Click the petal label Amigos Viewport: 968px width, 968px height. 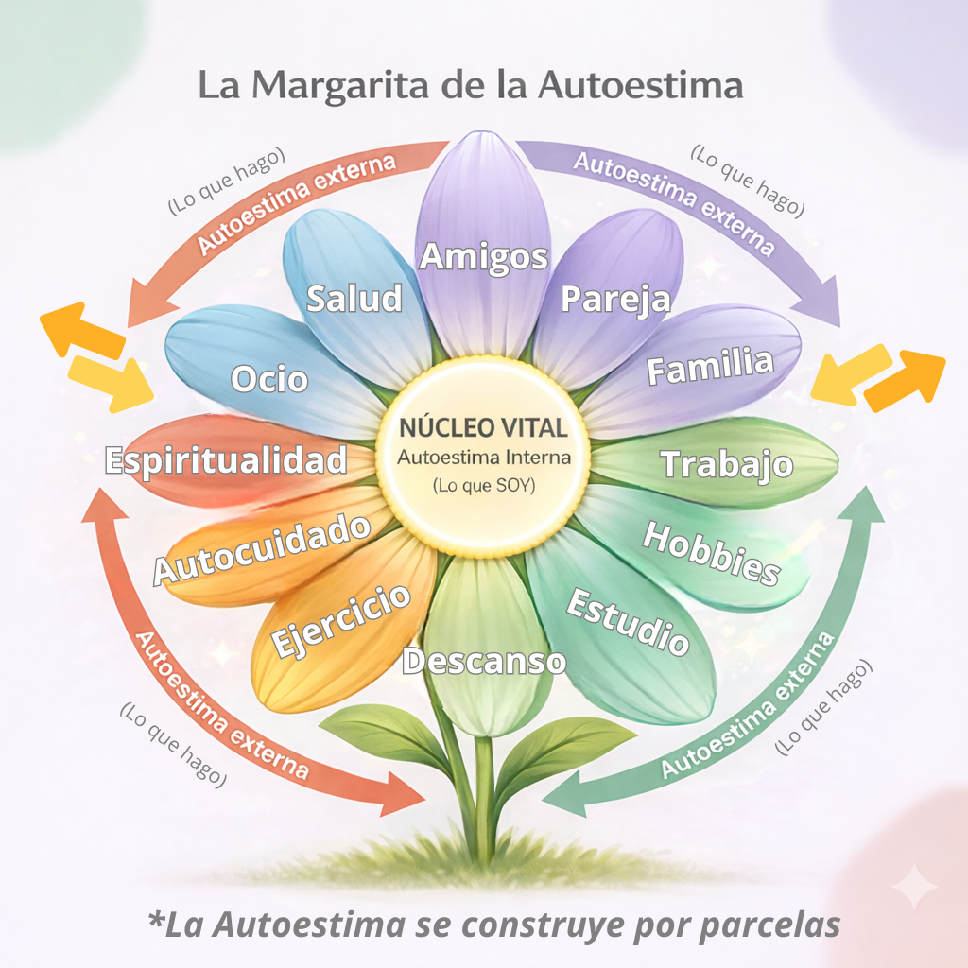tap(483, 257)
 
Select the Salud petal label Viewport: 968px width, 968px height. tap(354, 298)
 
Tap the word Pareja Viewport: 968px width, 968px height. tap(615, 300)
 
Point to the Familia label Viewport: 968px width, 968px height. tap(710, 366)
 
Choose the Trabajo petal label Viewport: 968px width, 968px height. tap(727, 464)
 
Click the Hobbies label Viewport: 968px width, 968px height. tap(711, 553)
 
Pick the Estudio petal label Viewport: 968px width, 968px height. tap(628, 621)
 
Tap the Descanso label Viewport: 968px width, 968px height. tap(484, 661)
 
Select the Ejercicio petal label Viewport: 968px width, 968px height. tap(340, 621)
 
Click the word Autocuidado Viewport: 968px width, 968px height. tap(262, 548)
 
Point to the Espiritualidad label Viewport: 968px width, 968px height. tap(226, 461)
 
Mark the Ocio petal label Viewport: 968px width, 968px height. tap(269, 378)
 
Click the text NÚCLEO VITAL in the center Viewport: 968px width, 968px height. tap(483, 427)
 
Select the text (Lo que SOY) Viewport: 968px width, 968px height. tap(484, 486)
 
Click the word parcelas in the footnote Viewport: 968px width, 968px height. tap(770, 925)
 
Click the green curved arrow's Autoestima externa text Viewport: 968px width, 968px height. tap(749, 704)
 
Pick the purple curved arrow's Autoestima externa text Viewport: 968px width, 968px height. tap(674, 203)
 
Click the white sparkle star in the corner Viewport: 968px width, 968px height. tap(914, 887)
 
